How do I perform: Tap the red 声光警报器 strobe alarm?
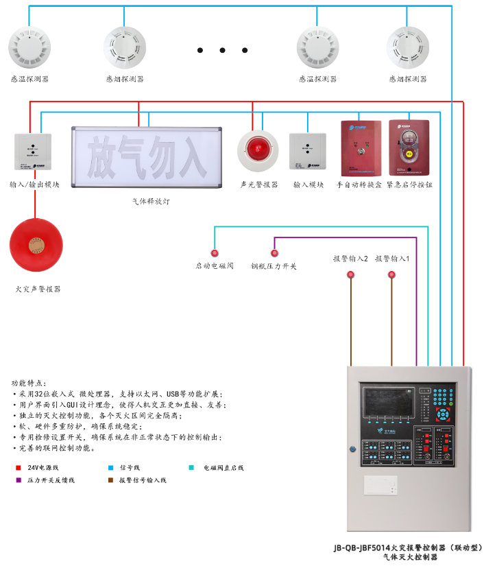pos(258,150)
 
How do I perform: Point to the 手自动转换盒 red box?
pos(361,148)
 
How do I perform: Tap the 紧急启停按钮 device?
pos(409,148)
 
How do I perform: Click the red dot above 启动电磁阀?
pos(215,253)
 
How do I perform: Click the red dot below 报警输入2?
pos(351,275)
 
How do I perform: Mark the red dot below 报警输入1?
pos(392,275)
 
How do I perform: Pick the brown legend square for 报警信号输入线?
pos(111,480)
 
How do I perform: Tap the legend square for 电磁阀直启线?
pos(191,468)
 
